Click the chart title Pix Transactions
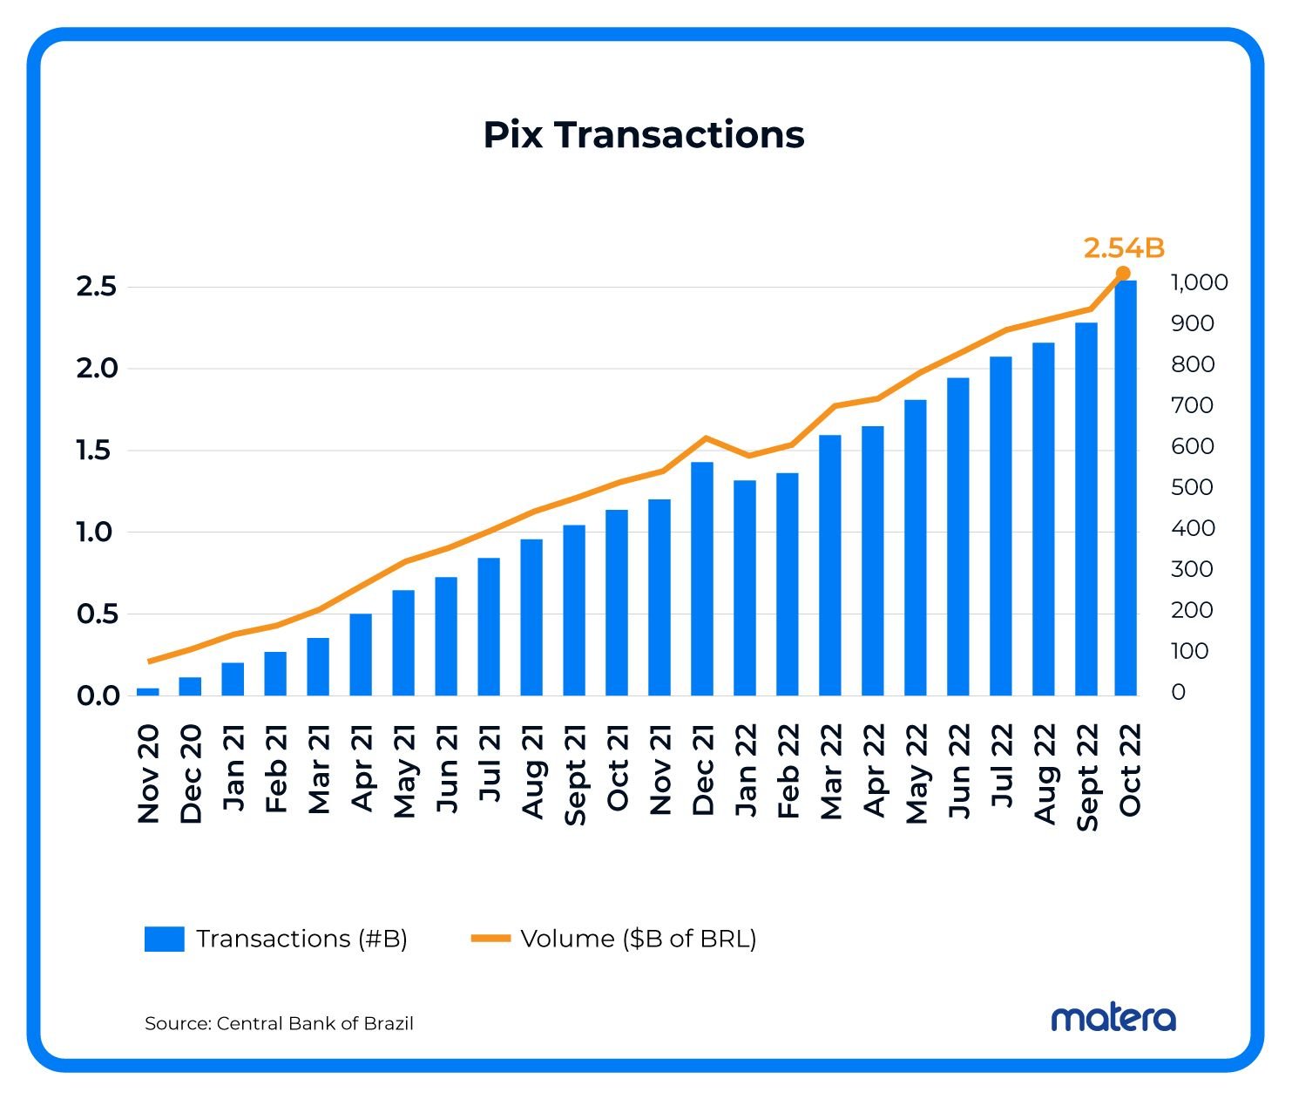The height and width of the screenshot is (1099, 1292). (644, 135)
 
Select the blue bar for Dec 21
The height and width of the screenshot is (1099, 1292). (702, 579)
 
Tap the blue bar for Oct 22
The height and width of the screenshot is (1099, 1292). (1126, 488)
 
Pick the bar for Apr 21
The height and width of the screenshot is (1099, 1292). (361, 655)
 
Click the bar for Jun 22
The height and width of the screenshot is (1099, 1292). (958, 536)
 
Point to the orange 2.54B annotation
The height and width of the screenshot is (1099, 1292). (1124, 248)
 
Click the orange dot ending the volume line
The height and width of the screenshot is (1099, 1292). (1123, 274)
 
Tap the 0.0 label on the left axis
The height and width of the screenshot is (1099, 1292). (98, 695)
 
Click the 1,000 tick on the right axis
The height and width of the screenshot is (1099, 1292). (1199, 282)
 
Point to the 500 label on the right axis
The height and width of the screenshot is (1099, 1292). (1192, 487)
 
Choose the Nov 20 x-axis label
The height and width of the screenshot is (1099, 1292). (149, 773)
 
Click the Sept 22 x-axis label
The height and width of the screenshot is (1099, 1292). (1087, 776)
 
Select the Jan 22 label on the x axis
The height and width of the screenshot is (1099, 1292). (746, 771)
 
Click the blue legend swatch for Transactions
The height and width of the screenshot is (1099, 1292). (164, 939)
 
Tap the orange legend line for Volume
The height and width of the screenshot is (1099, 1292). (490, 939)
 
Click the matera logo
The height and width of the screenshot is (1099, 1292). (1113, 1018)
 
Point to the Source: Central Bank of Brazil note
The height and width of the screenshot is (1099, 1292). (279, 1023)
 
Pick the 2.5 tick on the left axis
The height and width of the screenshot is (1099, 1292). (96, 287)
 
